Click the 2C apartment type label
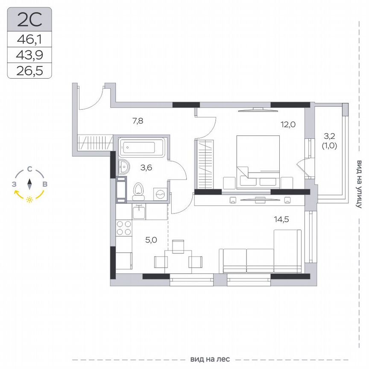29,19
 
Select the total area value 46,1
29,40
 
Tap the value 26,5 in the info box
29,70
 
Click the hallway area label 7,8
138,121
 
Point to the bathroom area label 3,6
146,167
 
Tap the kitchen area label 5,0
151,240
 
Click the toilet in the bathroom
138,192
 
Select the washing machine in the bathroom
160,194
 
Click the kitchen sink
139,211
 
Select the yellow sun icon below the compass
29,199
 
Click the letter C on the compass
29,169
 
